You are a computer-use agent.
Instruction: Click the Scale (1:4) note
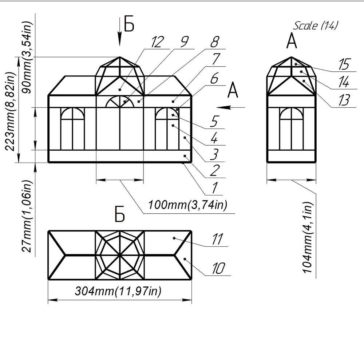(316, 25)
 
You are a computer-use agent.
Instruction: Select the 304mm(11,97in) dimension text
(118, 291)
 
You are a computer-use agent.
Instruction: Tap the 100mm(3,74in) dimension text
(187, 205)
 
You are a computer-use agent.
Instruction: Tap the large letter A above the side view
(292, 41)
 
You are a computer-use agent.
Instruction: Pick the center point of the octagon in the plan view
(120, 255)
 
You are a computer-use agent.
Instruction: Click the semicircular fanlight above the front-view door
(120, 102)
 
